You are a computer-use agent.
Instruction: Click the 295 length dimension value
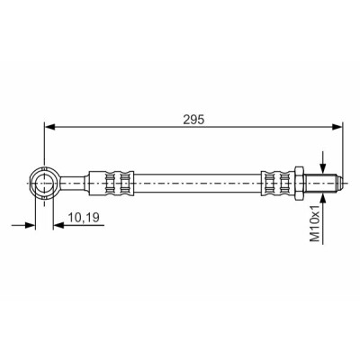[193, 120]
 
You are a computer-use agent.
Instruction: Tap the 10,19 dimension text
[84, 217]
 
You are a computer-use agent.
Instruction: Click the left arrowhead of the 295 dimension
[49, 127]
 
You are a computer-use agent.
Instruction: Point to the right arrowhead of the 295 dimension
[337, 127]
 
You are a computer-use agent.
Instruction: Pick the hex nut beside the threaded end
[299, 183]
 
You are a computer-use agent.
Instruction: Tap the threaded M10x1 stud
[319, 183]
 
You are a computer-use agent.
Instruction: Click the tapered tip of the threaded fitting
[338, 183]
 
